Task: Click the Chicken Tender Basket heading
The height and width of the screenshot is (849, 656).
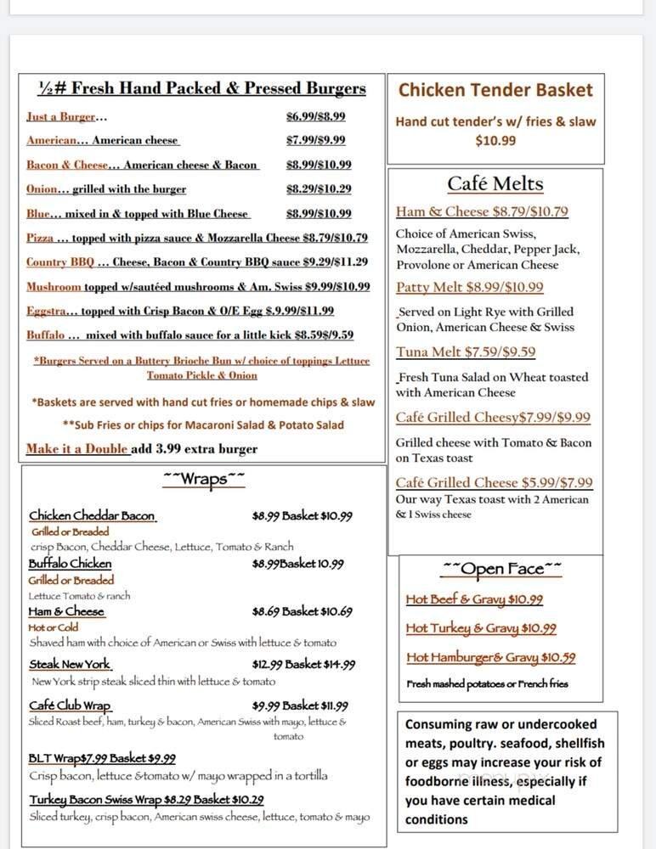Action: [495, 90]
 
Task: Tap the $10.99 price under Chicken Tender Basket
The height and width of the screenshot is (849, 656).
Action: [495, 141]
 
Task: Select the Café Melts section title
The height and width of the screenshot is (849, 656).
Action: [495, 184]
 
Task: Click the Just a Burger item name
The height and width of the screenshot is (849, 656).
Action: [60, 117]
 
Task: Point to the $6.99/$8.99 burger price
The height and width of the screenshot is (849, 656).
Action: [315, 117]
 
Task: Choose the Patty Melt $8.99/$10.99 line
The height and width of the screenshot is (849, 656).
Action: [469, 288]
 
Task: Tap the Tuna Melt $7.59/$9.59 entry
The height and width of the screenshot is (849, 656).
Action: [466, 352]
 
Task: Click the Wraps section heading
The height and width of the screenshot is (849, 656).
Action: [204, 480]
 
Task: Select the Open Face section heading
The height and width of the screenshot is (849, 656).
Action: [501, 569]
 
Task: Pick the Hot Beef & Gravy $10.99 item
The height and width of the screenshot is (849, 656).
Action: [474, 600]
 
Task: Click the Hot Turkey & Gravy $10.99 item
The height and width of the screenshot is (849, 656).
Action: [481, 629]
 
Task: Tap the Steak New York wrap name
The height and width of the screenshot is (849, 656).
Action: [70, 665]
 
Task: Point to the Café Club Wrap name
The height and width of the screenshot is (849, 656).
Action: [70, 706]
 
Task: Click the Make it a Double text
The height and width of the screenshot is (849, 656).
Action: [77, 449]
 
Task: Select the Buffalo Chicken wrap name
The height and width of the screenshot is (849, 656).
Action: [70, 564]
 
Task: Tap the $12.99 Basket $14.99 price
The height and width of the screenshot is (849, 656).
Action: [303, 665]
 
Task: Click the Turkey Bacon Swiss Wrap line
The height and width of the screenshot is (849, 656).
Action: [146, 800]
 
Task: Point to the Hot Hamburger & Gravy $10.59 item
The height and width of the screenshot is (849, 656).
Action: [491, 658]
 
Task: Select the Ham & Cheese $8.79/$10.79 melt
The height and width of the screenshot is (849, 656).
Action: [482, 212]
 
